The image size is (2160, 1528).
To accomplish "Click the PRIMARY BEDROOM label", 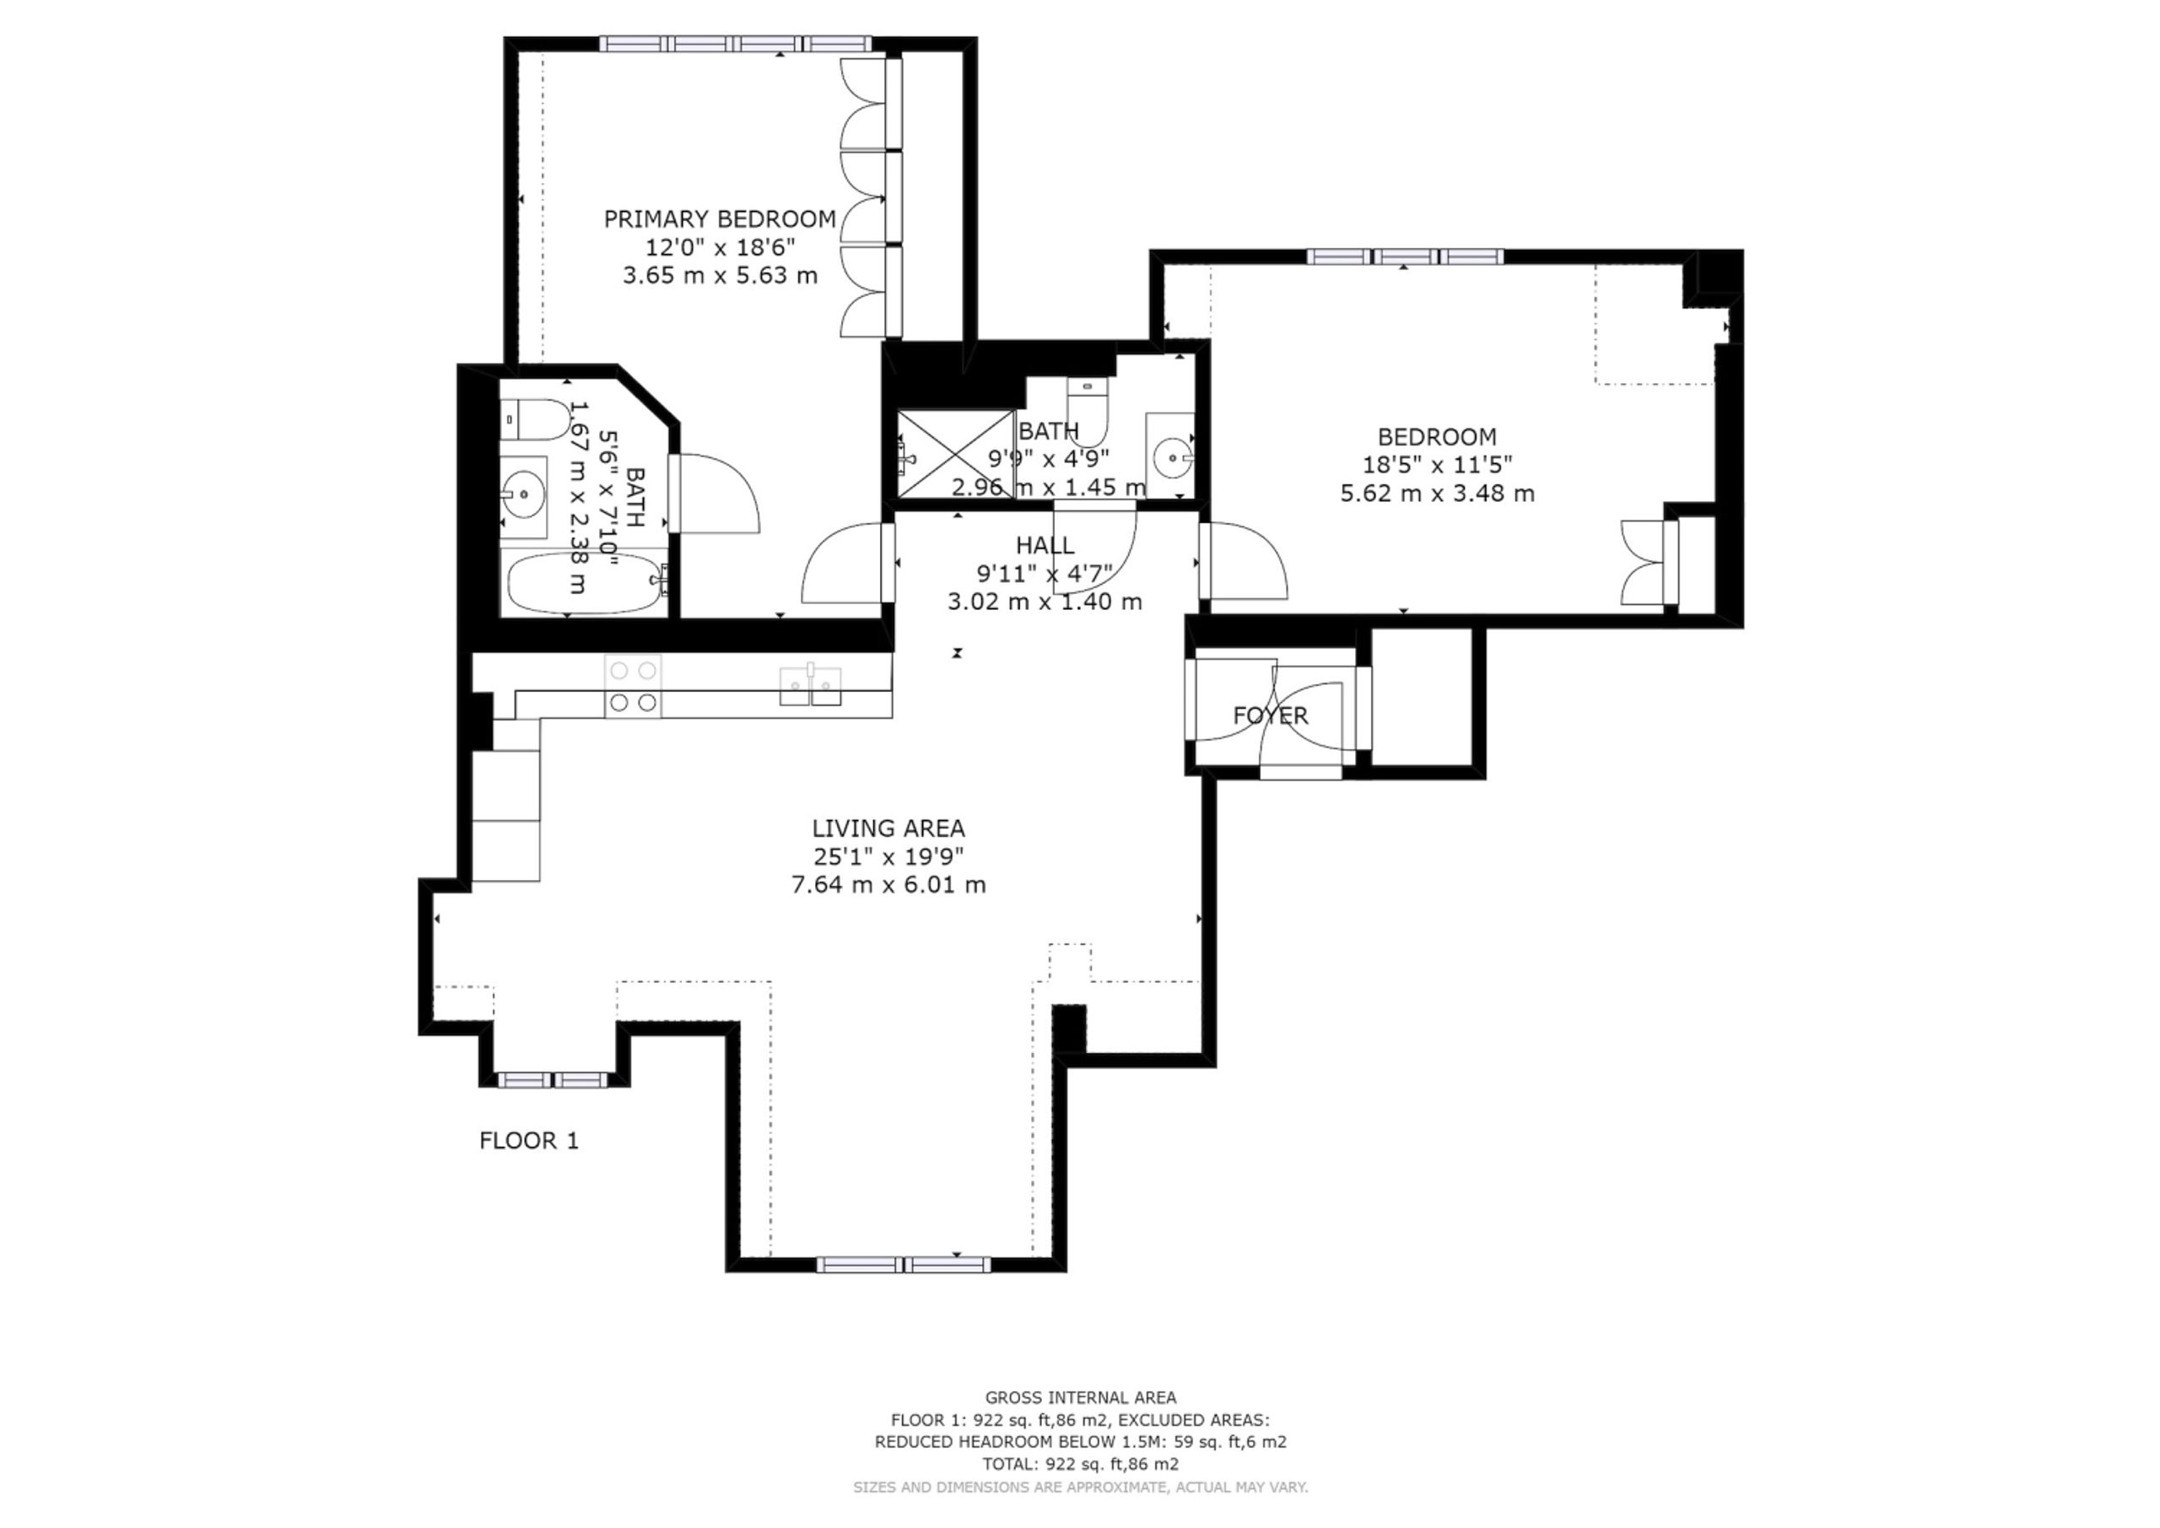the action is pos(720,219).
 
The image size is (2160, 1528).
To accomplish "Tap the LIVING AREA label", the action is pos(888,829).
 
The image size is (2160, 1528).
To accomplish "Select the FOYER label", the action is pos(1270,716).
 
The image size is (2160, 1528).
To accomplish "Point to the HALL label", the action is pos(1045,546).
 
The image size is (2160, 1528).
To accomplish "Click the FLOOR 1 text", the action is pos(529,1142).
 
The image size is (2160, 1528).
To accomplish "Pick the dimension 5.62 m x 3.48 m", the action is pos(1437,493).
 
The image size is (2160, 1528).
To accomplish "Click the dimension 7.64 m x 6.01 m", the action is pos(888,885).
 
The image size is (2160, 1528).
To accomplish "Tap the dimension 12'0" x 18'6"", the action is pos(720,247).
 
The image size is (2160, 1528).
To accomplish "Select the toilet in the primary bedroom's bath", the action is pos(534,420).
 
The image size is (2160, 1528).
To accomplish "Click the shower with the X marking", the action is pos(956,455).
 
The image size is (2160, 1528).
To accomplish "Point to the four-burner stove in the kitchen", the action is pos(632,686).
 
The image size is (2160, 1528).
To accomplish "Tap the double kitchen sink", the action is pos(810,685).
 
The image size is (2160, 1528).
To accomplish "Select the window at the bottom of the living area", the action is pos(903,1265).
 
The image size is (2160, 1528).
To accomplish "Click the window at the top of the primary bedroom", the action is pos(736,43).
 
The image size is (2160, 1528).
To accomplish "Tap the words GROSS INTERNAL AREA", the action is pos(1080,1398).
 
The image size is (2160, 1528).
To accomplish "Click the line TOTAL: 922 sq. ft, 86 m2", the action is pos(1080,1464).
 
